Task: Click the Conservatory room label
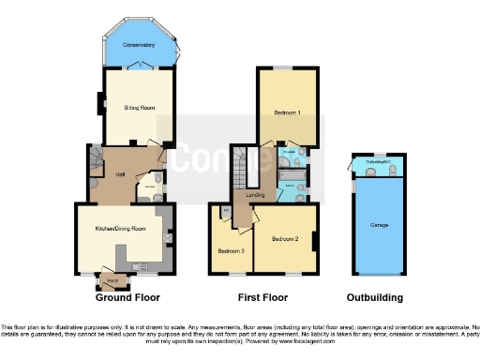(139, 44)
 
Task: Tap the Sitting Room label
(140, 108)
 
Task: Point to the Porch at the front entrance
(111, 278)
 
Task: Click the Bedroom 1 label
(288, 112)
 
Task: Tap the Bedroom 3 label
(231, 251)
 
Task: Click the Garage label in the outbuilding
(379, 225)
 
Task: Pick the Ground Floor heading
(127, 298)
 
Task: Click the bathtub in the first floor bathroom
(291, 175)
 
